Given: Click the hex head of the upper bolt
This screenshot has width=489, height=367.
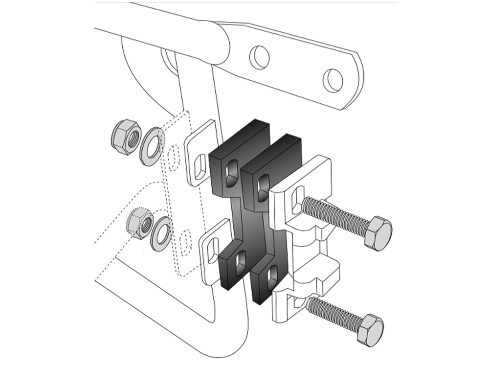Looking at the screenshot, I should pyautogui.click(x=378, y=233).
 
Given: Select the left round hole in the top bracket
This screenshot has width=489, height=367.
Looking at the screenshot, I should pyautogui.click(x=259, y=57).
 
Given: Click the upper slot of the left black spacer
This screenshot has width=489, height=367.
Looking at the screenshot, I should pyautogui.click(x=230, y=172).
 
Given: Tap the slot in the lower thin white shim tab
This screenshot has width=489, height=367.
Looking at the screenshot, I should pyautogui.click(x=211, y=253).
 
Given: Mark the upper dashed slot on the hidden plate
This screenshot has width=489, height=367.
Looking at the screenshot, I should pyautogui.click(x=173, y=158).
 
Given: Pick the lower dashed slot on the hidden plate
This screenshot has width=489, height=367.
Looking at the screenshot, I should pyautogui.click(x=186, y=243).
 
